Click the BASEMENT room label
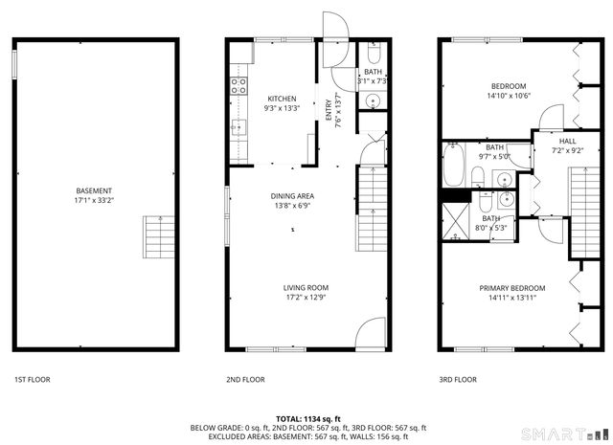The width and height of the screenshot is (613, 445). click(x=94, y=190)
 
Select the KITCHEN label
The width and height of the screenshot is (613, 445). click(x=282, y=99)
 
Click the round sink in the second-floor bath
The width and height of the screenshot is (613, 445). click(x=373, y=100)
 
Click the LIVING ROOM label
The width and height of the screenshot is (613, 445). click(x=306, y=287)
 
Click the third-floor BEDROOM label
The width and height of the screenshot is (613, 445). click(x=509, y=86)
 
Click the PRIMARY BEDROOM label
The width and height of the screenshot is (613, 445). click(x=512, y=288)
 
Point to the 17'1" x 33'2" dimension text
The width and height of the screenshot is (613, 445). click(x=94, y=200)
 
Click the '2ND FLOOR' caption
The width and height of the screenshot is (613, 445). click(x=245, y=380)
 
